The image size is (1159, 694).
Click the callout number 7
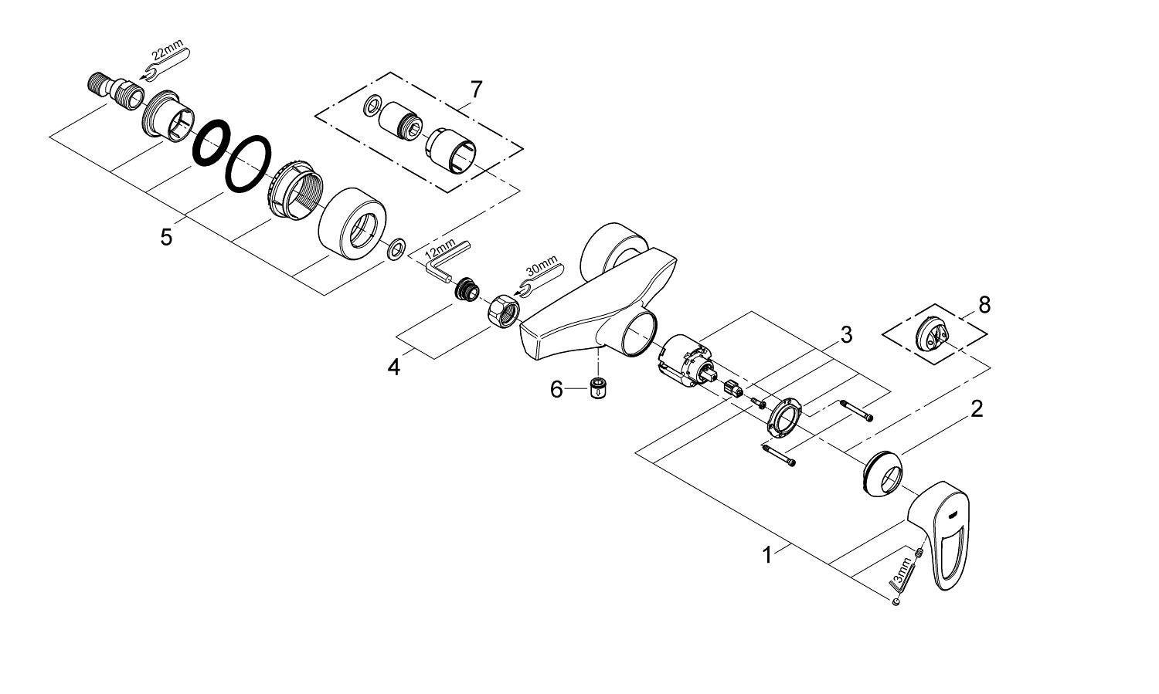pyautogui.click(x=476, y=90)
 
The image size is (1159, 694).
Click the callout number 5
pyautogui.click(x=167, y=236)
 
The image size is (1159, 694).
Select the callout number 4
pyautogui.click(x=394, y=367)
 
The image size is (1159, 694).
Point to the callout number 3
pyautogui.click(x=846, y=335)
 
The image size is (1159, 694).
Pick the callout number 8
pyautogui.click(x=984, y=304)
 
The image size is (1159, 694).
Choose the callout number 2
pyautogui.click(x=977, y=408)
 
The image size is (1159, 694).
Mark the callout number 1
pyautogui.click(x=767, y=554)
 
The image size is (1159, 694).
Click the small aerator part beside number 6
pyautogui.click(x=597, y=388)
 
